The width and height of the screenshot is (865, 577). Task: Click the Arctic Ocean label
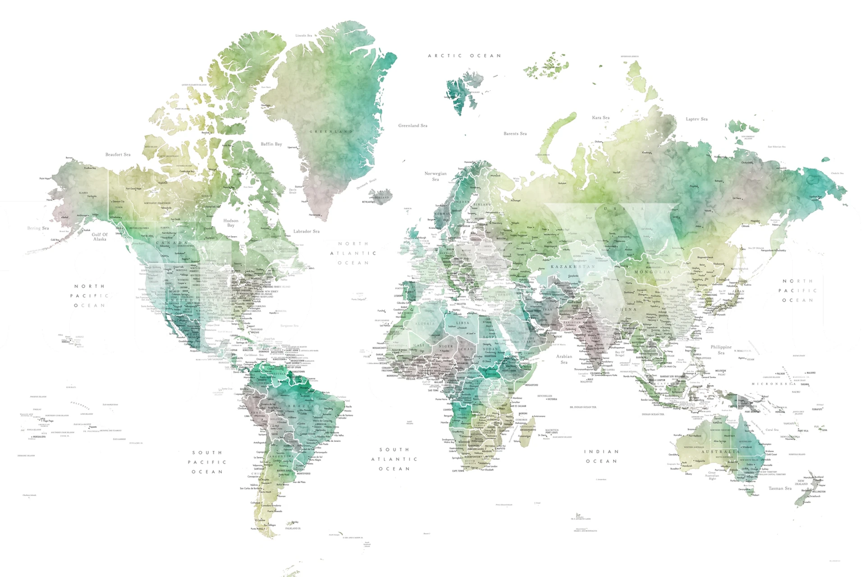pyautogui.click(x=464, y=56)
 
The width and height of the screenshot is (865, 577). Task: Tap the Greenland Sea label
pyautogui.click(x=412, y=126)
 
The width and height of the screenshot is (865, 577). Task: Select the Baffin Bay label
pyautogui.click(x=271, y=144)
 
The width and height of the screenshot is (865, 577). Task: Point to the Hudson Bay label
pyautogui.click(x=231, y=223)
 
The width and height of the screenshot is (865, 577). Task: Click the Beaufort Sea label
pyautogui.click(x=118, y=155)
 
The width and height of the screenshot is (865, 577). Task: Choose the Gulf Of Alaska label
pyautogui.click(x=100, y=237)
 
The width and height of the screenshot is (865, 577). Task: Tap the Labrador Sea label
pyautogui.click(x=307, y=231)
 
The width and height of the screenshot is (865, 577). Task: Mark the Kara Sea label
pyautogui.click(x=600, y=118)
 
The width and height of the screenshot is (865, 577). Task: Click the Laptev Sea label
pyautogui.click(x=696, y=119)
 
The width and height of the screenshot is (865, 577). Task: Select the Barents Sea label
pyautogui.click(x=515, y=133)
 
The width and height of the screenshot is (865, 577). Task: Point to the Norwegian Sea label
pyautogui.click(x=435, y=176)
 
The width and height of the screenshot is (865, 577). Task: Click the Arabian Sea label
pyautogui.click(x=564, y=359)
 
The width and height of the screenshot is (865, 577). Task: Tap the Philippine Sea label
pyautogui.click(x=721, y=350)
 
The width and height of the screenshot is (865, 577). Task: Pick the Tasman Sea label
pyautogui.click(x=780, y=488)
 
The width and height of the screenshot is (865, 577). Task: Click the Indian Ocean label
pyautogui.click(x=601, y=456)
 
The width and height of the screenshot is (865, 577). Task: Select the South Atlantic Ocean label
pyautogui.click(x=394, y=459)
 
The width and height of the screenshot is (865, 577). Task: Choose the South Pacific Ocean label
pyautogui.click(x=207, y=462)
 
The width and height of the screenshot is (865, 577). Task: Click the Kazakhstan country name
pyautogui.click(x=572, y=266)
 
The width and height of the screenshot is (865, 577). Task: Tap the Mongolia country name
pyautogui.click(x=652, y=272)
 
